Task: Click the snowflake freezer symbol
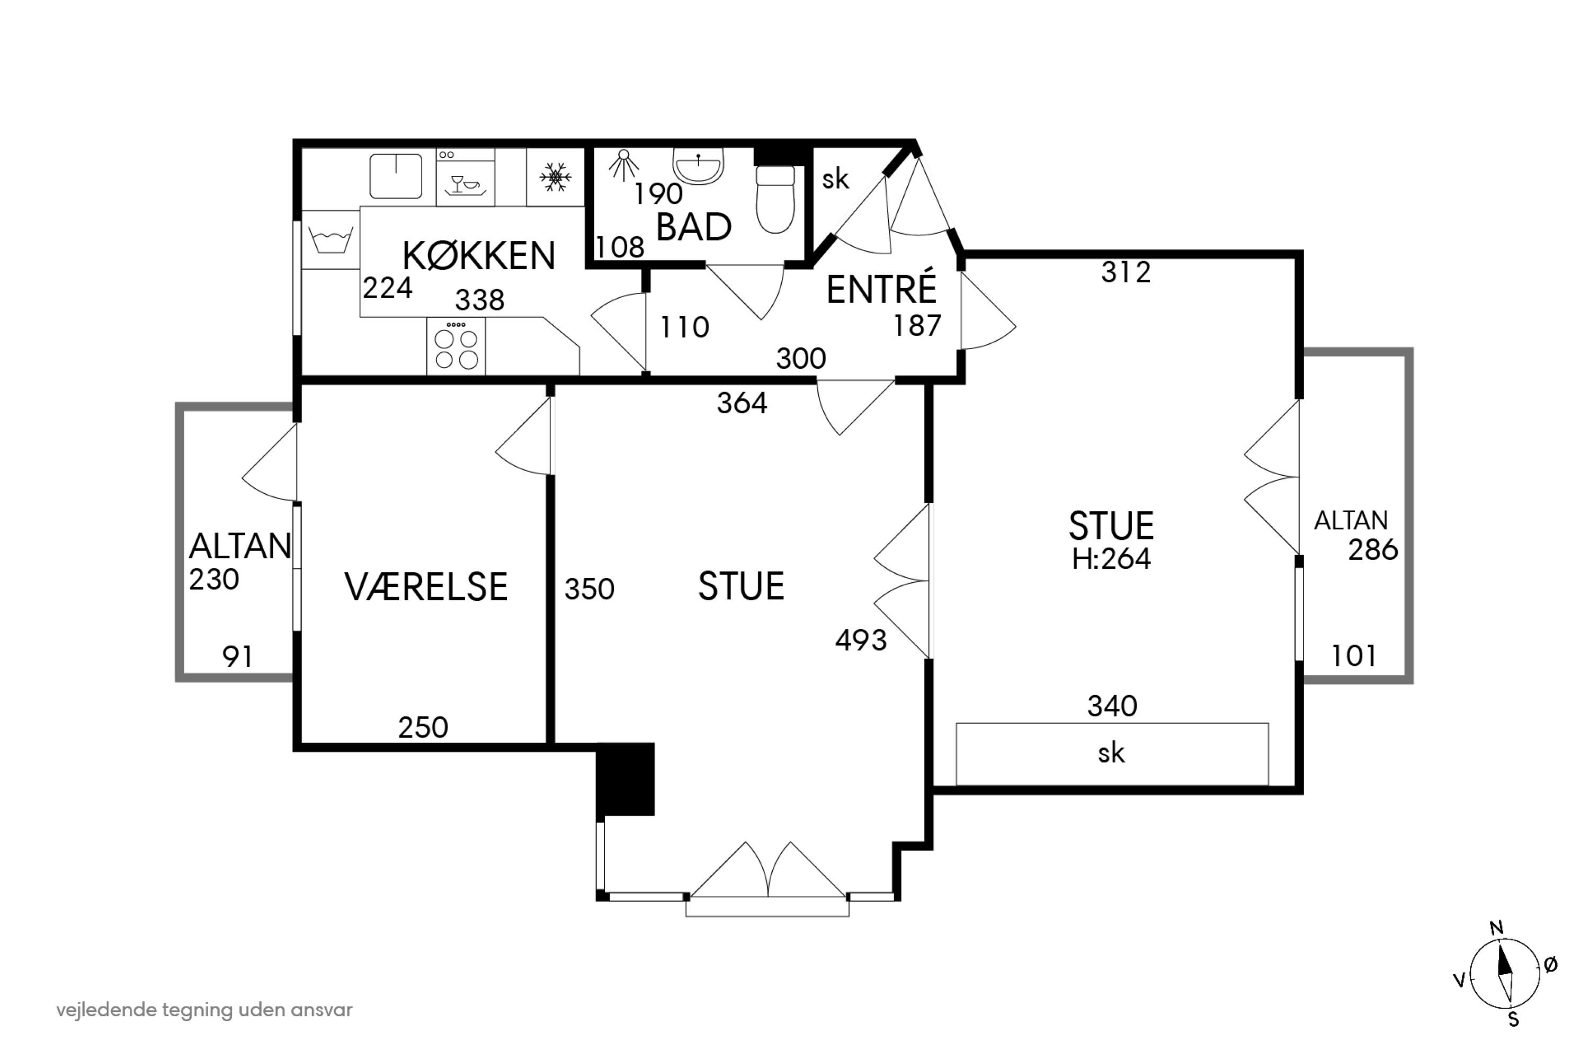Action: [556, 177]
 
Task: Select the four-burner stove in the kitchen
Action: [456, 345]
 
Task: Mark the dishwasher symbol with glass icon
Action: [466, 177]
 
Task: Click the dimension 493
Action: [860, 639]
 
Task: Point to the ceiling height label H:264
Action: [1111, 559]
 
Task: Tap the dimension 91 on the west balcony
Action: [237, 656]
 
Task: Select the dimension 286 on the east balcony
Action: [1373, 550]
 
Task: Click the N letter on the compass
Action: [1496, 928]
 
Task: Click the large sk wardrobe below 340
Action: [1112, 754]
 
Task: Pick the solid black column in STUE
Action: [625, 779]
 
